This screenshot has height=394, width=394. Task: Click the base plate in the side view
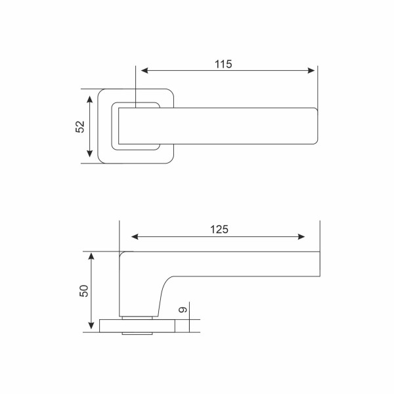click(141, 326)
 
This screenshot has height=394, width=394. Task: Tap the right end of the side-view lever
click(320, 263)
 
